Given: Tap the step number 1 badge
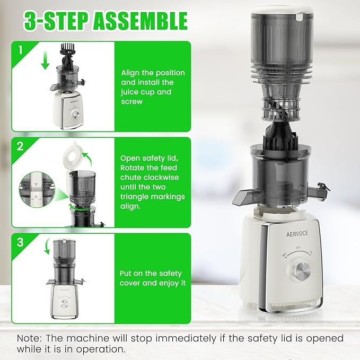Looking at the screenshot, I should pyautogui.click(x=20, y=50).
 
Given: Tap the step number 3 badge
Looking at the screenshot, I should pyautogui.click(x=20, y=242).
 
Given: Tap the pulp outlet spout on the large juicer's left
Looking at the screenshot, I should pyautogui.click(x=242, y=198).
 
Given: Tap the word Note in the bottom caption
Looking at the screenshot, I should pyautogui.click(x=28, y=338).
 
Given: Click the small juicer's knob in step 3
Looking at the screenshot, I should pyautogui.click(x=63, y=303).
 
